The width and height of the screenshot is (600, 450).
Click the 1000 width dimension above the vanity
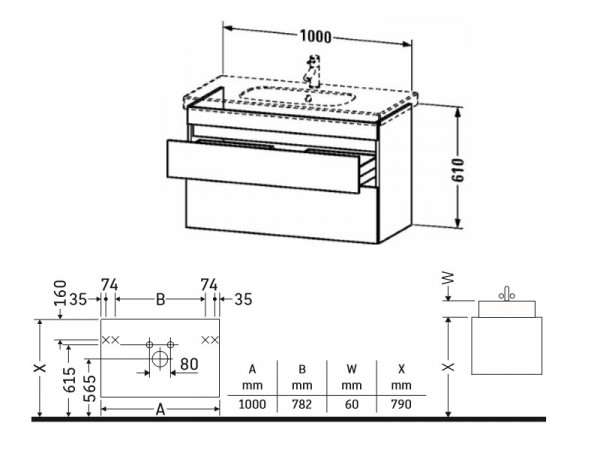(316, 36)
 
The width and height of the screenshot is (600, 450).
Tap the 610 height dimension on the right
(458, 170)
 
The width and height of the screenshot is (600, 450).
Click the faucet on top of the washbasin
(313, 71)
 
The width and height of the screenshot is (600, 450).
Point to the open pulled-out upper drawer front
(263, 166)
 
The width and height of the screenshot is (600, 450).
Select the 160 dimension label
(60, 293)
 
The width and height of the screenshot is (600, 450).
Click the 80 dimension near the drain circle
(189, 364)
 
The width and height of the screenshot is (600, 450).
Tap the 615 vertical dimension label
(70, 380)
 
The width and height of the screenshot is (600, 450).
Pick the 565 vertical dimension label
(90, 388)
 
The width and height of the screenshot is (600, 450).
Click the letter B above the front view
(161, 299)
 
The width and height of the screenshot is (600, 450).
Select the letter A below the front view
(161, 410)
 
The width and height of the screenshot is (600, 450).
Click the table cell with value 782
(302, 404)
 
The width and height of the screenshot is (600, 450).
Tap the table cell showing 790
(401, 404)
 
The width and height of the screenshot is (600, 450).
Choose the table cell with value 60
(352, 404)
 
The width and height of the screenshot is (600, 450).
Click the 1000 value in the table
(252, 404)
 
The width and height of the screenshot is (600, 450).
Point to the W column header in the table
(352, 369)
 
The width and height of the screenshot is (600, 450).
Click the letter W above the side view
(448, 277)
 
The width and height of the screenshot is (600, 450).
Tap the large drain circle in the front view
(160, 359)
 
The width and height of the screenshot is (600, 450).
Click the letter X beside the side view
(448, 367)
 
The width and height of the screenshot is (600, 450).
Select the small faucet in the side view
(507, 294)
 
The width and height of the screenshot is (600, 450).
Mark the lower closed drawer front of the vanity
(282, 212)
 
